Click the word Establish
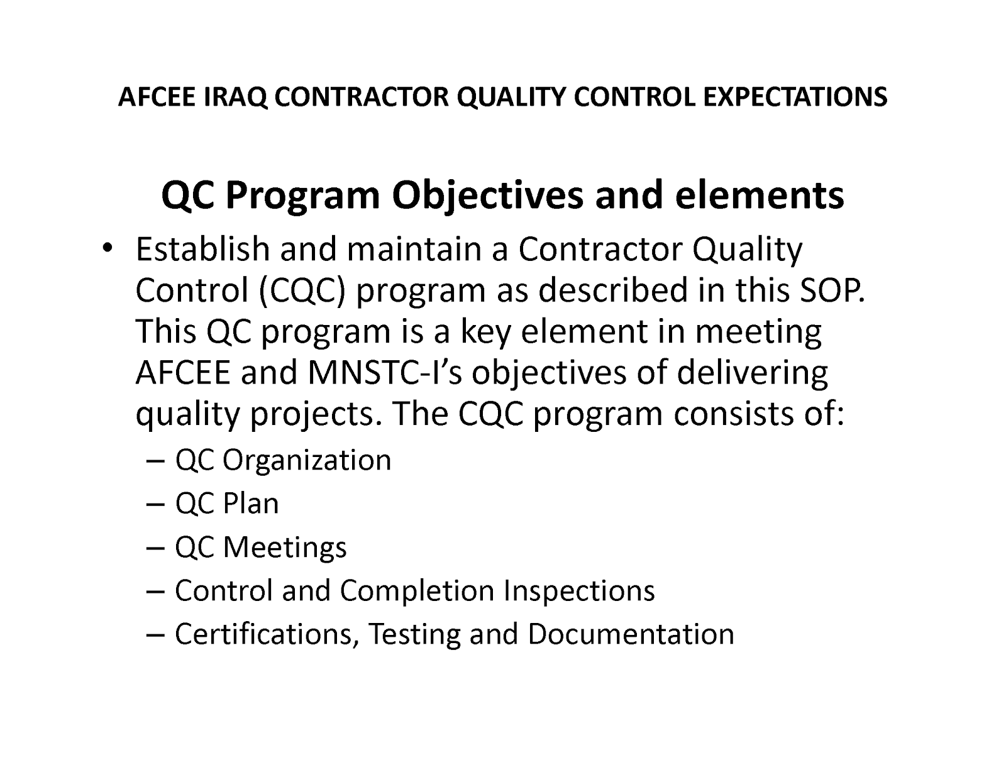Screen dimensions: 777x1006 click(x=202, y=249)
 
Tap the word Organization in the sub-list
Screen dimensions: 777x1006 click(x=307, y=460)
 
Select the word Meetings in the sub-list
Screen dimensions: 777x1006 click(x=285, y=547)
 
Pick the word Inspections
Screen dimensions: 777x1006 click(x=578, y=590)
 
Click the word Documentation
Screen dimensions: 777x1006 click(x=631, y=634)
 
